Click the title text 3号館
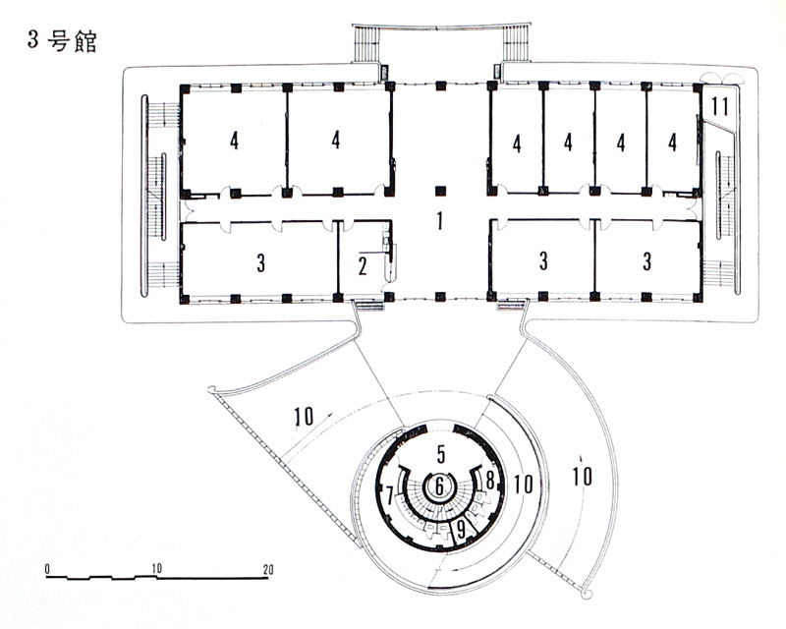(x=62, y=41)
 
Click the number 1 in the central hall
(x=439, y=221)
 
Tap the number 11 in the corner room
(x=720, y=106)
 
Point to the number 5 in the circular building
(x=440, y=454)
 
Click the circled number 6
(x=439, y=486)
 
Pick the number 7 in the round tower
(x=390, y=496)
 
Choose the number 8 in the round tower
(x=489, y=479)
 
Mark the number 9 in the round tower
(x=461, y=531)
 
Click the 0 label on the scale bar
(x=47, y=569)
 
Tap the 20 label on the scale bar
(x=267, y=569)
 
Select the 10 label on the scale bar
(x=156, y=568)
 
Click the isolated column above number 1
(x=440, y=191)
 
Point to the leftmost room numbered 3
(x=260, y=262)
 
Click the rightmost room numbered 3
(x=646, y=261)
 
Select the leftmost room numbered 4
(x=234, y=141)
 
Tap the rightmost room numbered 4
(x=672, y=142)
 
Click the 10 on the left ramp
(x=304, y=416)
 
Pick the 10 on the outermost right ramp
(x=582, y=476)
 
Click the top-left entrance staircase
(x=365, y=44)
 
